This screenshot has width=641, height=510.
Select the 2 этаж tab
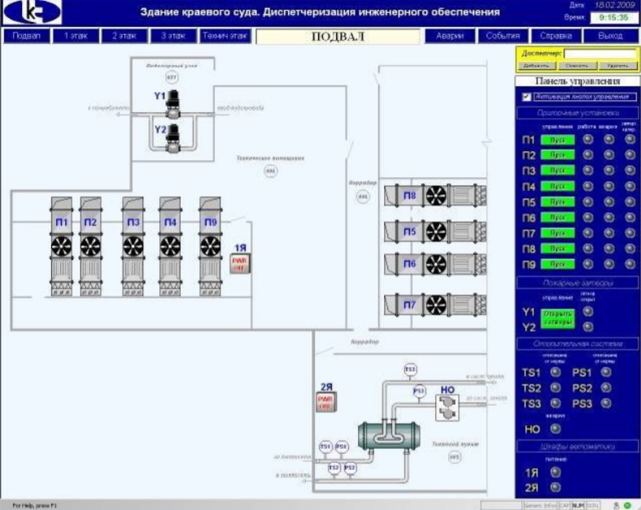[124, 37]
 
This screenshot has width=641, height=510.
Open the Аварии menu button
[449, 37]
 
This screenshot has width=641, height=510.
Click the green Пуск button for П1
[557, 140]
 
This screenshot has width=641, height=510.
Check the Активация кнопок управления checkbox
[526, 97]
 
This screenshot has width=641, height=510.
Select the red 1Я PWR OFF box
[239, 263]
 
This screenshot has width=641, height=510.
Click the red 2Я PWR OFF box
[326, 402]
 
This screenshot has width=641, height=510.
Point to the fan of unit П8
[438, 195]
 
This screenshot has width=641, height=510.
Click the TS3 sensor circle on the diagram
[410, 369]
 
